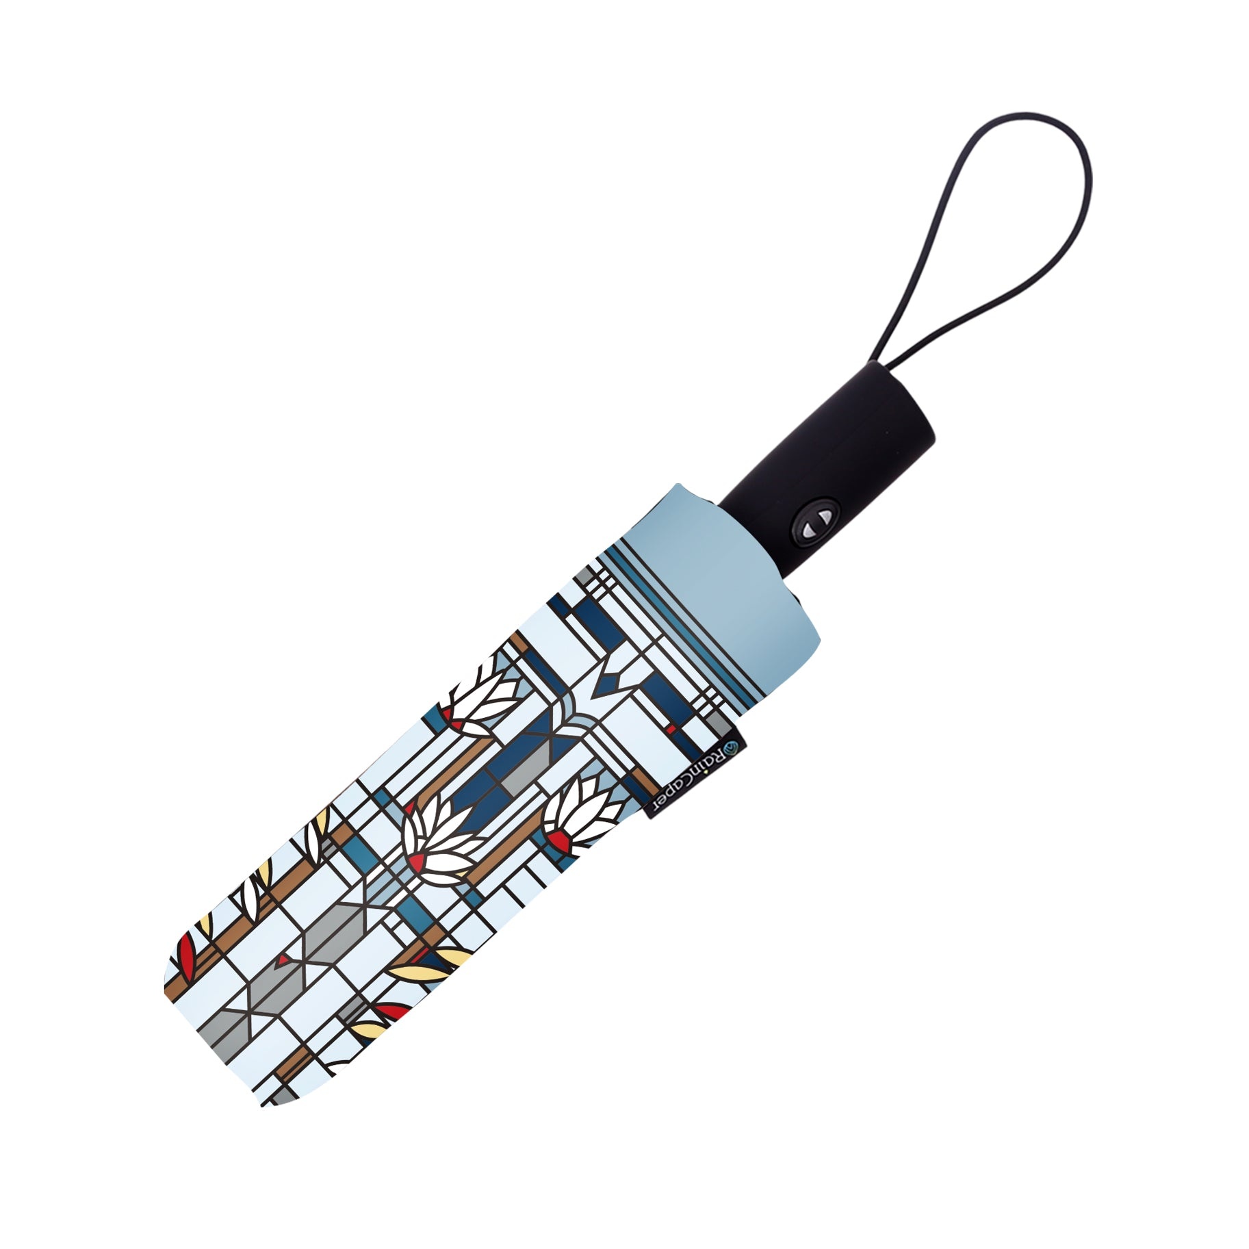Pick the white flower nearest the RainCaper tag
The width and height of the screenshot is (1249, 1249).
coord(578,815)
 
